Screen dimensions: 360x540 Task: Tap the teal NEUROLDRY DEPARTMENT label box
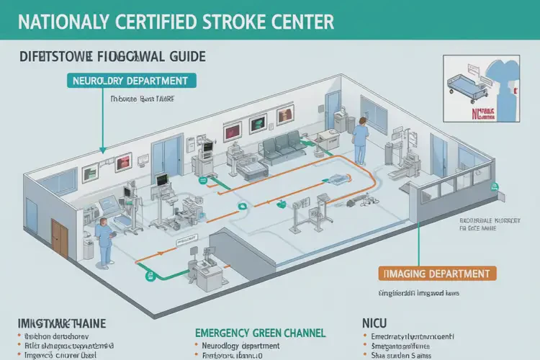130,81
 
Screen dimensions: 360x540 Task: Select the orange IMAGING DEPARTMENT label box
437,274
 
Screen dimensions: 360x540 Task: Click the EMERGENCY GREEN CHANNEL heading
260,332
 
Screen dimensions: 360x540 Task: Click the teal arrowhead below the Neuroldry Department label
104,150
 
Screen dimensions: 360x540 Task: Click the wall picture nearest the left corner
89,172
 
